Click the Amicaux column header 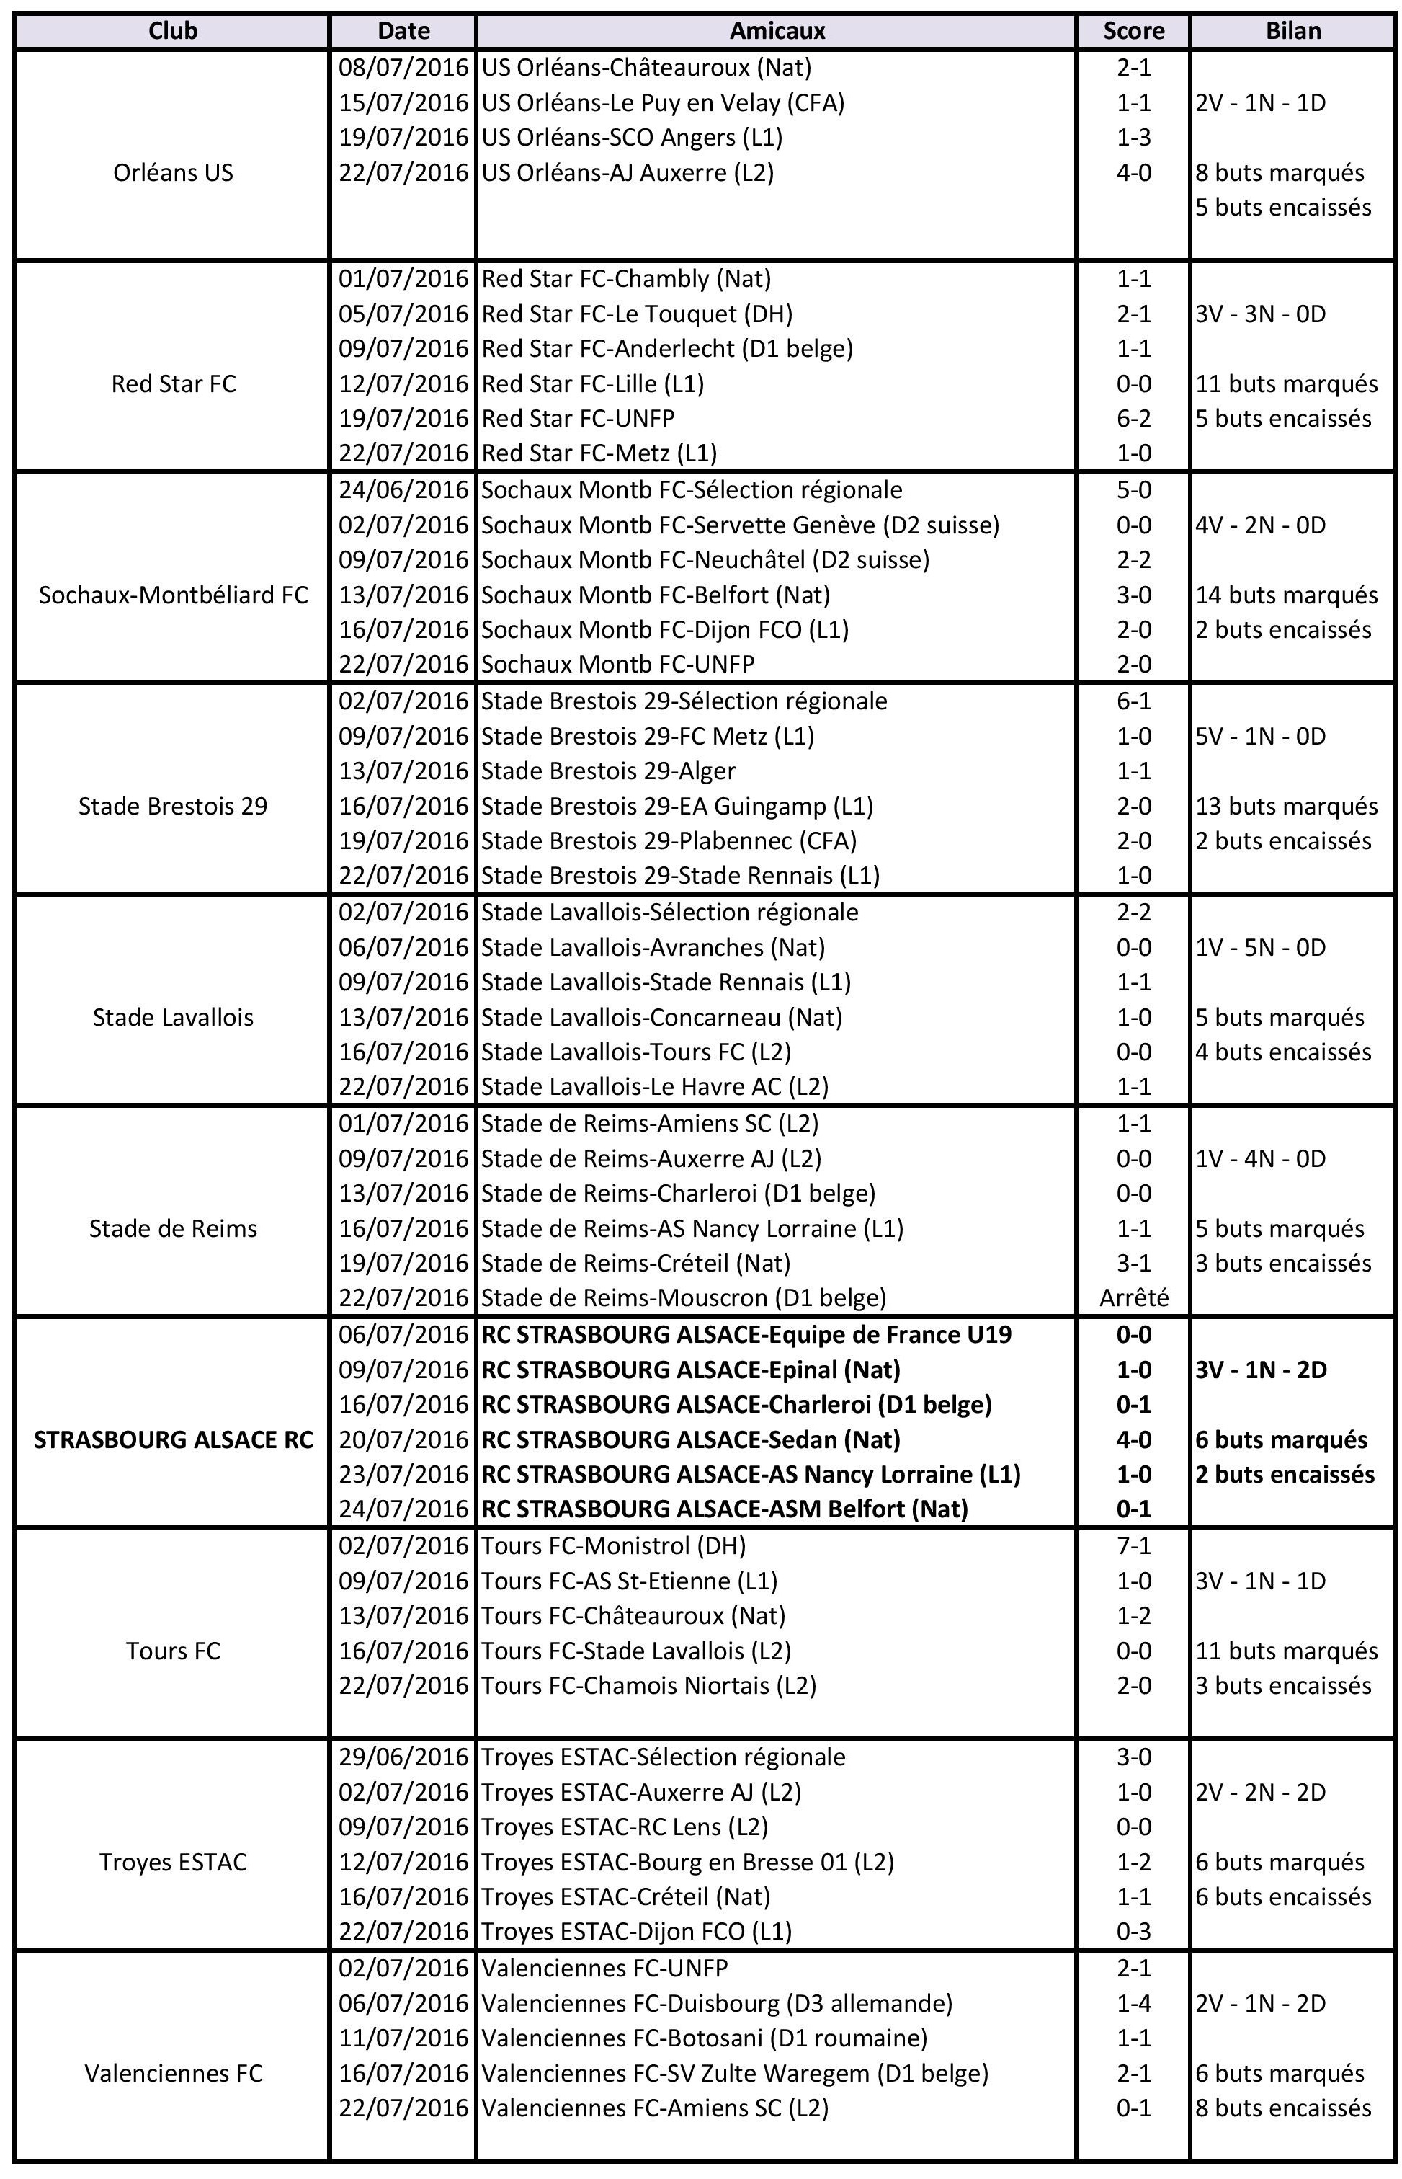777,31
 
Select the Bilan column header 1292,31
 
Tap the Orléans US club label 173,173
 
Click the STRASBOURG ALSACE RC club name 173,1439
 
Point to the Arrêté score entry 1133,1297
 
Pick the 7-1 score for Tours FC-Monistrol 1133,1546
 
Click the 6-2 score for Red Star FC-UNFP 1133,419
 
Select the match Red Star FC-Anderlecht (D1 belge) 666,349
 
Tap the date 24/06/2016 403,490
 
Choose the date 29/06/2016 403,1757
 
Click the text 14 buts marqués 1287,595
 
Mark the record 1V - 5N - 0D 1261,948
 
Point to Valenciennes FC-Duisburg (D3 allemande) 716,2003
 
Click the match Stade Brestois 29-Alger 608,771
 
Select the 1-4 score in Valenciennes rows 1133,2003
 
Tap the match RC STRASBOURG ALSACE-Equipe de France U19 746,1335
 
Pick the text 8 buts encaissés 1282,2108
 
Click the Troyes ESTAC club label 173,1862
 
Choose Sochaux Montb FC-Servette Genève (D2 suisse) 739,525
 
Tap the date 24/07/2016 403,1509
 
